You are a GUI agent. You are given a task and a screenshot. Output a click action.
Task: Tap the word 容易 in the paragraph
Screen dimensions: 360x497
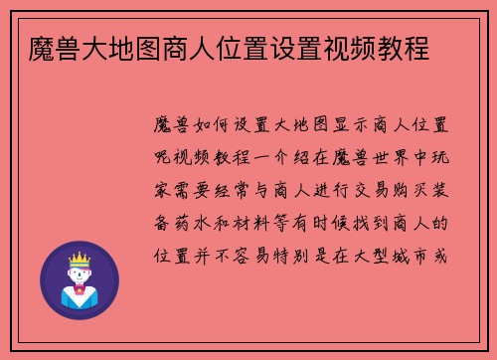(276, 256)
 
